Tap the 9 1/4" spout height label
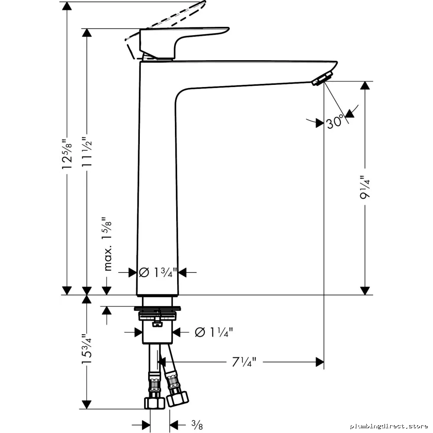click(x=365, y=187)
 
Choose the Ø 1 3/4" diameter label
click(x=158, y=272)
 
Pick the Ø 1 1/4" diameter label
click(x=214, y=332)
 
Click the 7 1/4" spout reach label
click(x=244, y=362)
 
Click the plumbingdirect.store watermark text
click(x=389, y=427)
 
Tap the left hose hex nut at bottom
click(x=155, y=403)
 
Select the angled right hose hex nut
click(x=178, y=398)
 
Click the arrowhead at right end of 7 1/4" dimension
click(x=320, y=362)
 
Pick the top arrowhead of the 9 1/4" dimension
click(x=365, y=85)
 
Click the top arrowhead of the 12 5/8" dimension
click(x=67, y=6)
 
